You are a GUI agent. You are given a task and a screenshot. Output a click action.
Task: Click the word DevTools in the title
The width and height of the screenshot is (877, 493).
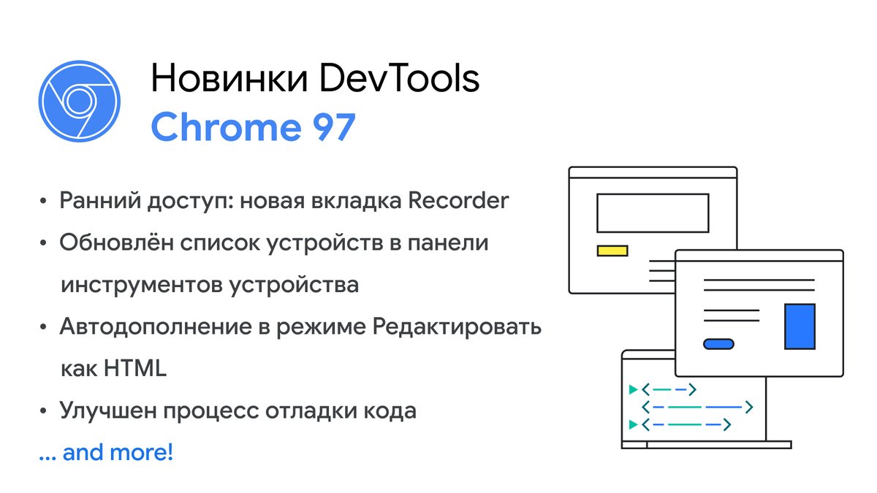400,79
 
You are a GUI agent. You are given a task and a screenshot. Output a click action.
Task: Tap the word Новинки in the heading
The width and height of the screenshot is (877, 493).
229,79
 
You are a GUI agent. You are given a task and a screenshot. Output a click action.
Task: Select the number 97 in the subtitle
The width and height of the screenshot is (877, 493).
328,128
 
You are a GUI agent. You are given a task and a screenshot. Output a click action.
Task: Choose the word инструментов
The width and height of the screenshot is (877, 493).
140,284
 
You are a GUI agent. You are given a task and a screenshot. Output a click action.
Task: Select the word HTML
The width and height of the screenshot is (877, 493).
136,368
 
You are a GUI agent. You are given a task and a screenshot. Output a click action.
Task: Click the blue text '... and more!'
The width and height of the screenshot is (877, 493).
106,453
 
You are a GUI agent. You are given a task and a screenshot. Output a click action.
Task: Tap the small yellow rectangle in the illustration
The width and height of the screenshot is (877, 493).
612,251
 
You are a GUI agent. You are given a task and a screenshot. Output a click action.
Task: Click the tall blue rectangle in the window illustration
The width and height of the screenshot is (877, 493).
800,326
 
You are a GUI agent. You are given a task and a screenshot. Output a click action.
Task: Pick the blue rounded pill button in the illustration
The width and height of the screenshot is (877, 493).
718,343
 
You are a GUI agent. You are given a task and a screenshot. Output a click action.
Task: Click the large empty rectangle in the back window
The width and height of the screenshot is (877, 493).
653,213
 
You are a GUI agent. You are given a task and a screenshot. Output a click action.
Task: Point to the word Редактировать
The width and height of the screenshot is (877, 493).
457,326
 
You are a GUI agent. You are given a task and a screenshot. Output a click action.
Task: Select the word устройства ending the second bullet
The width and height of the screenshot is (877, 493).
294,284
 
